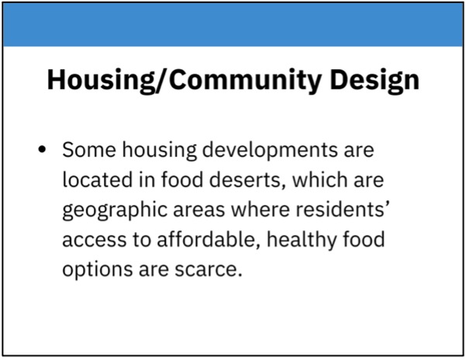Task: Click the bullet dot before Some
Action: [42, 149]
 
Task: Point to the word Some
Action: [89, 149]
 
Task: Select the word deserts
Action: [245, 180]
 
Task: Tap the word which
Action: [319, 179]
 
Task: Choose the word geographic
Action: [115, 211]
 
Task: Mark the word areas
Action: [199, 210]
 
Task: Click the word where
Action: [261, 209]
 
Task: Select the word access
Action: [95, 241]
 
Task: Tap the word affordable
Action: [206, 241]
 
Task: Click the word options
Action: [97, 270]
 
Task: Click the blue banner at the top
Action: [233, 24]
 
